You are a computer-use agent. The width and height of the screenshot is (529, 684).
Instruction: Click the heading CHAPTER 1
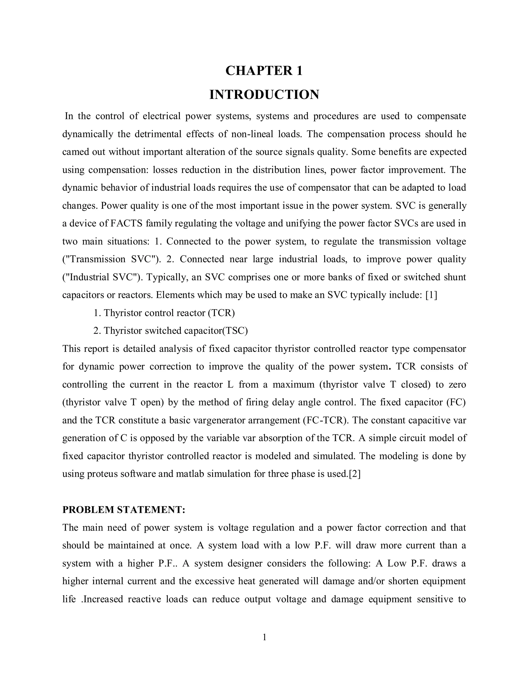coord(264,71)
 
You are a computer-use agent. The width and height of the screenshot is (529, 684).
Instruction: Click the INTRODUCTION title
coord(264,94)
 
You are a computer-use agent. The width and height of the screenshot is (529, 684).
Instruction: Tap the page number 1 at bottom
coord(264,637)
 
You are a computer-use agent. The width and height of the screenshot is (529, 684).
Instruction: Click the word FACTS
coord(126,224)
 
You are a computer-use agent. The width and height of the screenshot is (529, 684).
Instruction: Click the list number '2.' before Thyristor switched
coord(97,331)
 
